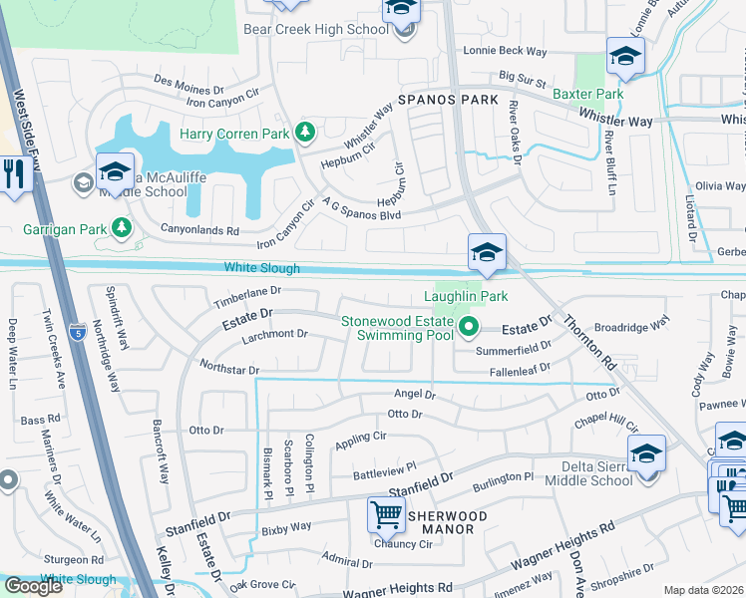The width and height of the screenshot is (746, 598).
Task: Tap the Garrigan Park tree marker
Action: coord(123,229)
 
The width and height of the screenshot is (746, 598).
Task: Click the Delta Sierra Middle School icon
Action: coord(646,455)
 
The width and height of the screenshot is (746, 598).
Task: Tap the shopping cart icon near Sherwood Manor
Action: coord(386,514)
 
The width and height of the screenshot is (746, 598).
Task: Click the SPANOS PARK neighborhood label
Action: coord(448,101)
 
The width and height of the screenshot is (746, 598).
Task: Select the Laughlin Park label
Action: coord(466,296)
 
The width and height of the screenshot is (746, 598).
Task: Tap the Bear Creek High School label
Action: coord(316,30)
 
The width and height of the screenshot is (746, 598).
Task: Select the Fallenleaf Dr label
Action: coord(520,371)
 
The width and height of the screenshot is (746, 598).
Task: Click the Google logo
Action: coord(34,586)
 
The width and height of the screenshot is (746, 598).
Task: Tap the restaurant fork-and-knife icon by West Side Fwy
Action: coord(13,174)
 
